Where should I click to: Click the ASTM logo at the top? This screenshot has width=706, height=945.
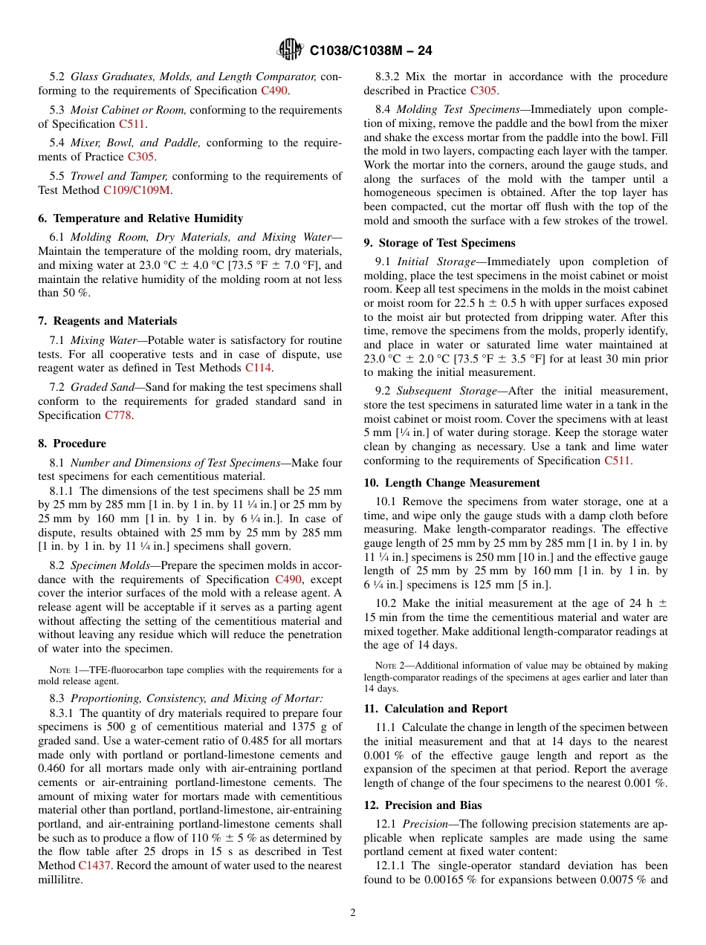click(290, 50)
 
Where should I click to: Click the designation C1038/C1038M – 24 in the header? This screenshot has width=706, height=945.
click(371, 51)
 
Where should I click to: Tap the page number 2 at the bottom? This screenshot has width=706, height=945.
click(353, 912)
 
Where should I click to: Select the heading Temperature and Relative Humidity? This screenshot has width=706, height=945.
click(140, 218)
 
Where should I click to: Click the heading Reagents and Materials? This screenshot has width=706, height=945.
click(108, 321)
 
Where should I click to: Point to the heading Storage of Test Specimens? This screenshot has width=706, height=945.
click(439, 243)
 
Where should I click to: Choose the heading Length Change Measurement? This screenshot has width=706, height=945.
click(452, 483)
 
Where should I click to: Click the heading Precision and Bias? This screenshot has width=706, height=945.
click(423, 805)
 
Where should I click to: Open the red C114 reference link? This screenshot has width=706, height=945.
click(259, 368)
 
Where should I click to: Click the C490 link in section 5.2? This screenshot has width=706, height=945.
click(274, 91)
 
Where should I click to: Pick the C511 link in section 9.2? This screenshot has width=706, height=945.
click(618, 461)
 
